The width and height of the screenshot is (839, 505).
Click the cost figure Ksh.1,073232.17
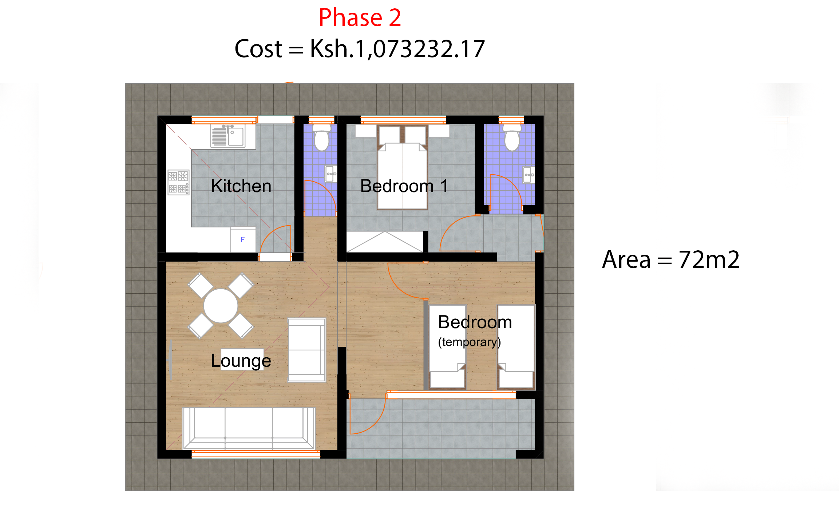pos(397,49)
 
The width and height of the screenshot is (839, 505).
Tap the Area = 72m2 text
pos(670,260)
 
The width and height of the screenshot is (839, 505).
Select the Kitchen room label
pos(241,186)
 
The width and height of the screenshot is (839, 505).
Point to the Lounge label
pos(241,361)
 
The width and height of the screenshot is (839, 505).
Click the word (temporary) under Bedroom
pos(469,342)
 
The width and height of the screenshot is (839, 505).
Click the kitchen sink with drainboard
pos(228,136)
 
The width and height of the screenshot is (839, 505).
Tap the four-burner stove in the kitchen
pos(178,182)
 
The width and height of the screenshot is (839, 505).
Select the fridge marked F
pos(243,239)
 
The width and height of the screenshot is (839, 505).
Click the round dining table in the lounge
pos(221,306)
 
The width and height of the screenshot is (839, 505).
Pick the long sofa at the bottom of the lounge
pos(249,428)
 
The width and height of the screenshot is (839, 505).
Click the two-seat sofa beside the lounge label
pos(306,350)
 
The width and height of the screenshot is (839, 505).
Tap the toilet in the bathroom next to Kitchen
pos(322,138)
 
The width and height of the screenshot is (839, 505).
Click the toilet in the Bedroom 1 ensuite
pos(512,138)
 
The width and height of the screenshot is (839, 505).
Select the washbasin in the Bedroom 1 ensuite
pos(529,175)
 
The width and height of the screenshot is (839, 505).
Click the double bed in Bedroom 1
pos(402,171)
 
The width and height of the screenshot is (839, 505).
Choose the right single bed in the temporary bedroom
pos(516,346)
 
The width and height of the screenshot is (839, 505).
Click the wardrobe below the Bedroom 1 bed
pos(385,242)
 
